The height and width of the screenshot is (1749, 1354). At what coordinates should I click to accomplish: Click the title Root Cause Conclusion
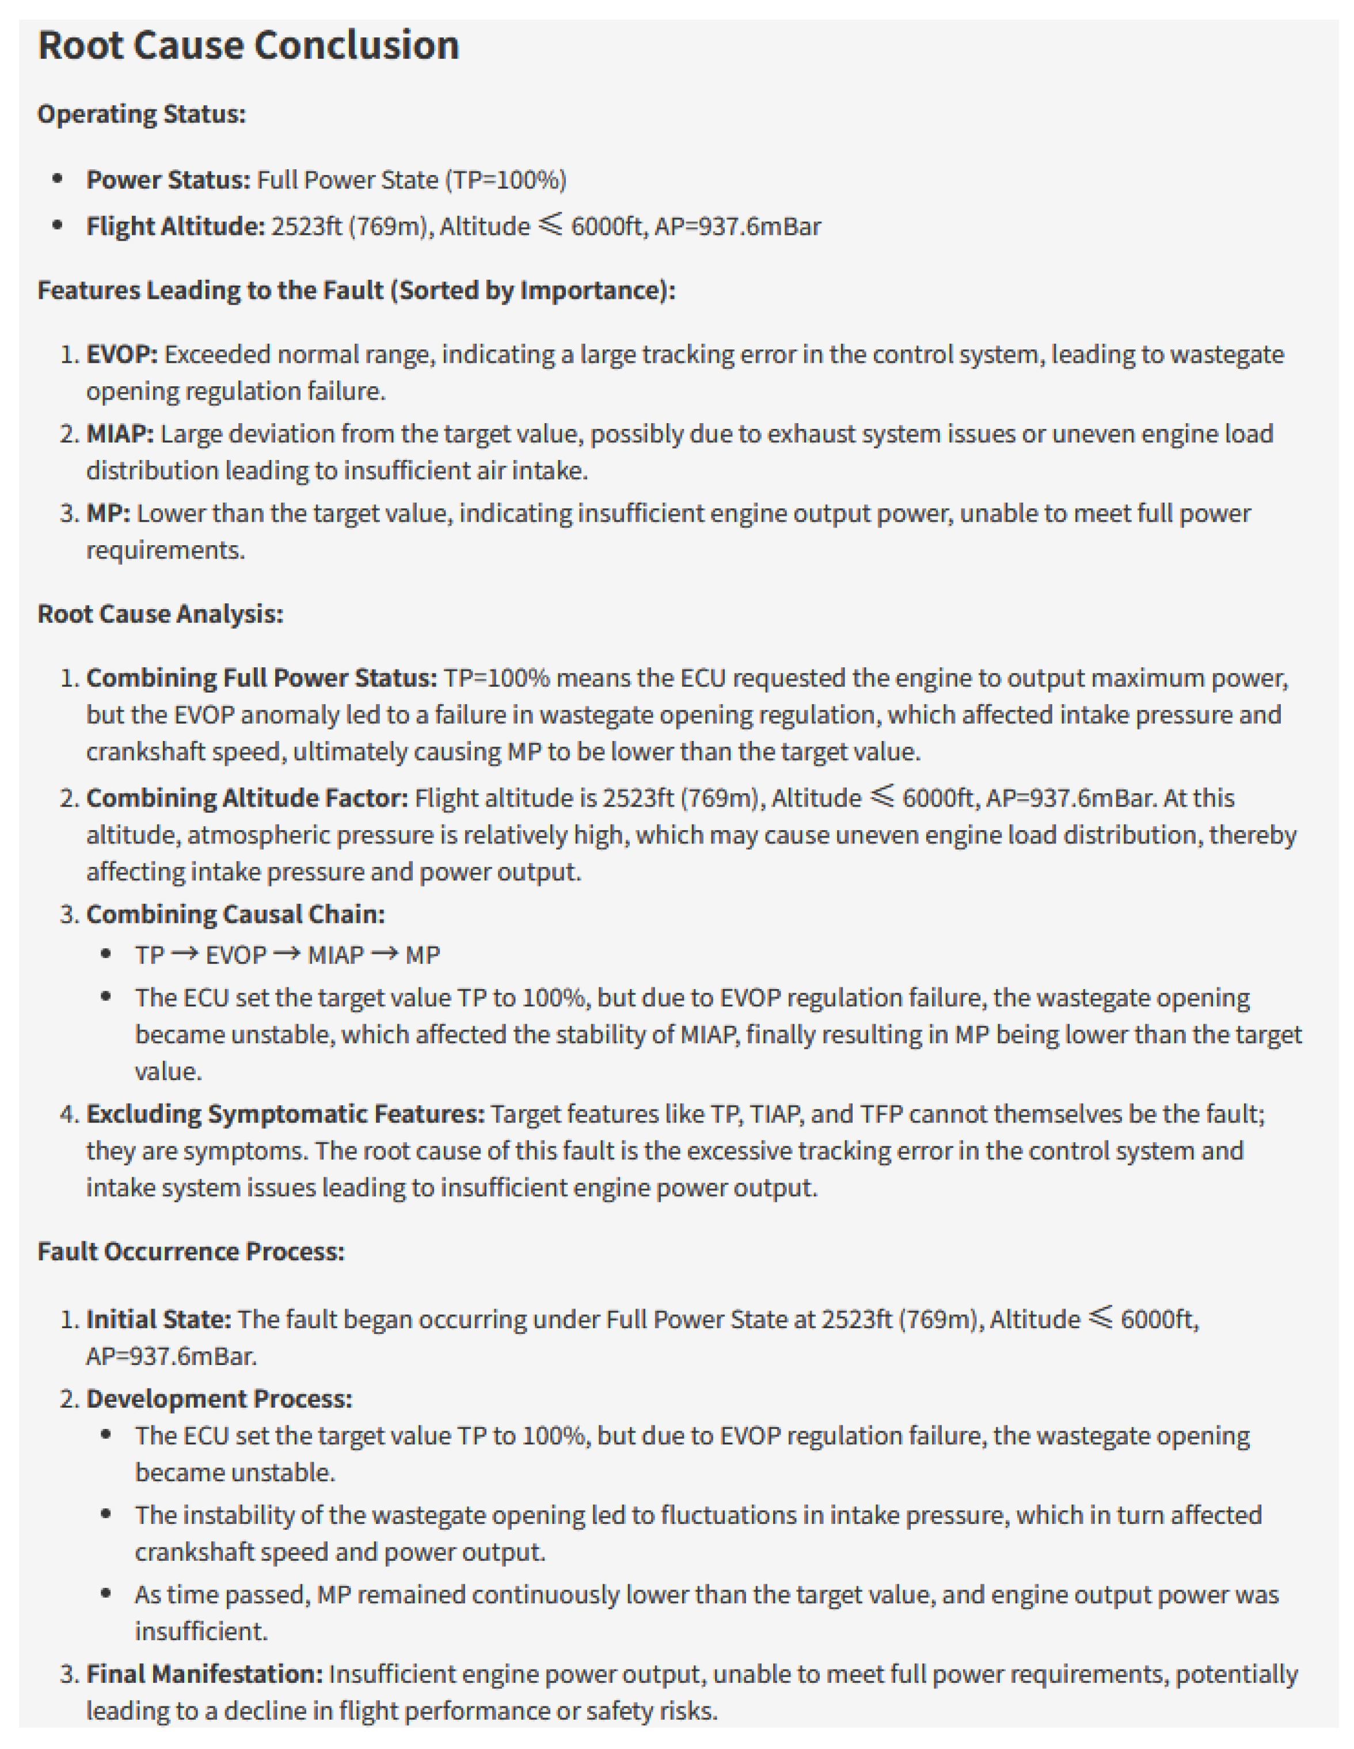pyautogui.click(x=248, y=45)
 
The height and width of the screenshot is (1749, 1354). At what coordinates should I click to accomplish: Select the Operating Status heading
pyautogui.click(x=141, y=115)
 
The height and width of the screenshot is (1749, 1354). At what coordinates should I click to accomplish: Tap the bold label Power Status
pyautogui.click(x=168, y=180)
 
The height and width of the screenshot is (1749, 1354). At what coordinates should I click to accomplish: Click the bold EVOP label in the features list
pyautogui.click(x=121, y=354)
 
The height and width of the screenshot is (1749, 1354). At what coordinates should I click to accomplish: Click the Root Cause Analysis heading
pyautogui.click(x=160, y=614)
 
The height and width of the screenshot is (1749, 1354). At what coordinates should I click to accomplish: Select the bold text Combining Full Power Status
pyautogui.click(x=261, y=678)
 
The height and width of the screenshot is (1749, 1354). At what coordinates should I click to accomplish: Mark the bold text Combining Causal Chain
pyautogui.click(x=235, y=915)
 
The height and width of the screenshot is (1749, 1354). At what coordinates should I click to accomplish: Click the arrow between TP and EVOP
pyautogui.click(x=184, y=955)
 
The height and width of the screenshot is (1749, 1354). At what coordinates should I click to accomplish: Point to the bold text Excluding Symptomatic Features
pyautogui.click(x=285, y=1114)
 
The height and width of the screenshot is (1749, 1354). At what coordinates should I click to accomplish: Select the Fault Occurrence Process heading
pyautogui.click(x=191, y=1252)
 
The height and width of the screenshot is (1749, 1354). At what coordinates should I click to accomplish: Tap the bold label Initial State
pyautogui.click(x=158, y=1319)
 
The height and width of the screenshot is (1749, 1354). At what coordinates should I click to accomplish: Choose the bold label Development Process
pyautogui.click(x=219, y=1399)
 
